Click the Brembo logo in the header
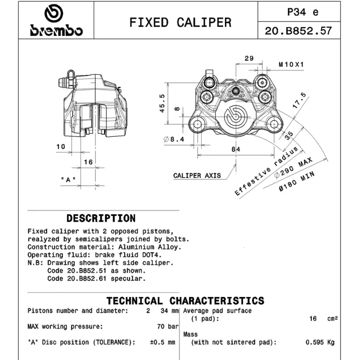pyautogui.click(x=56, y=20)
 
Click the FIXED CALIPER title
pyautogui.click(x=180, y=22)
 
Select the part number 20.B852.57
pyautogui.click(x=298, y=31)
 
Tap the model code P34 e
pyautogui.click(x=302, y=12)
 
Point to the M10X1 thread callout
pyautogui.click(x=291, y=64)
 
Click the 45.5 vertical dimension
pyautogui.click(x=162, y=103)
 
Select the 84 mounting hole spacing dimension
pyautogui.click(x=236, y=149)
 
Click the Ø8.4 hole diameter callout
pyautogui.click(x=174, y=139)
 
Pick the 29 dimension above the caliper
pyautogui.click(x=249, y=58)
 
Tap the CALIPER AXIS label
pyautogui.click(x=197, y=175)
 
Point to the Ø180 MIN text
pyautogui.click(x=297, y=181)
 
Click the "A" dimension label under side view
pyautogui.click(x=68, y=179)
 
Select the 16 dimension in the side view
pyautogui.click(x=88, y=162)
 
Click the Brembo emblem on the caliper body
pyautogui.click(x=235, y=117)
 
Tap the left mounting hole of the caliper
pyautogui.click(x=198, y=125)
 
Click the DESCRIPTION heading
pyautogui.click(x=101, y=218)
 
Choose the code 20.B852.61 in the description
pyautogui.click(x=87, y=279)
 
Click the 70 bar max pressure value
pyautogui.click(x=168, y=326)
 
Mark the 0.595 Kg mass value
pyautogui.click(x=320, y=342)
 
